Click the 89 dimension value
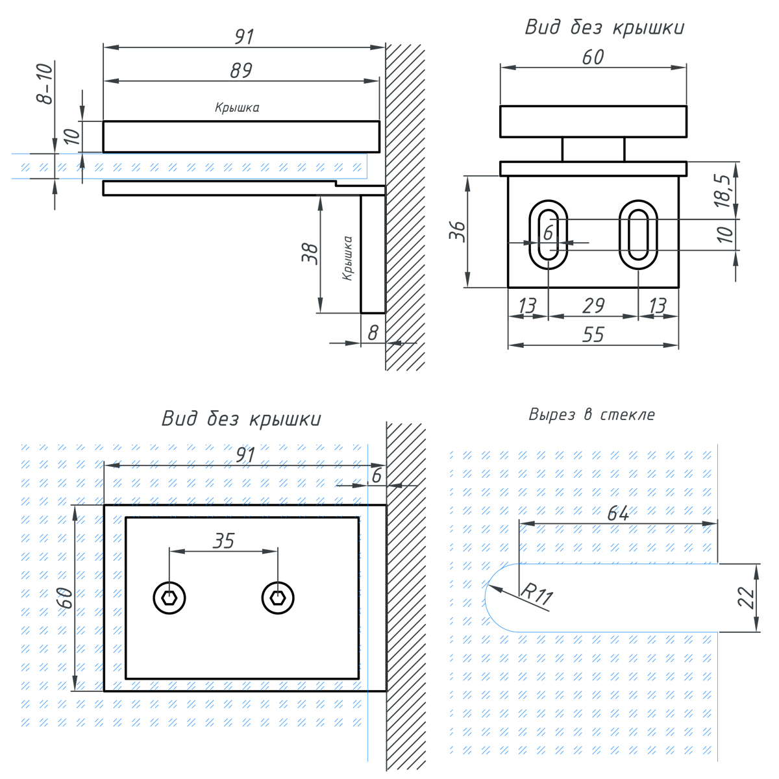(x=241, y=71)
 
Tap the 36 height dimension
(x=457, y=231)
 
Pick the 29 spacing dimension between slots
(x=593, y=306)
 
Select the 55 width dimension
(x=593, y=335)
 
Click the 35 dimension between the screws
(x=223, y=541)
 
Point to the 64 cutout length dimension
(x=618, y=513)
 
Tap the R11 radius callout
(x=536, y=594)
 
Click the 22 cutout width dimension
(x=748, y=597)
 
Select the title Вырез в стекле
(x=591, y=415)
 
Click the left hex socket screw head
(x=169, y=598)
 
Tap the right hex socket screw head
(x=278, y=598)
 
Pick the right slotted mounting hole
(x=639, y=234)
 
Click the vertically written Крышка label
(x=348, y=258)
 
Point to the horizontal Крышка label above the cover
(x=237, y=108)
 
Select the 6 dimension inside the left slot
(x=549, y=232)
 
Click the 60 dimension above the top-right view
(x=593, y=58)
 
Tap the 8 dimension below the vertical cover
(x=373, y=333)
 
